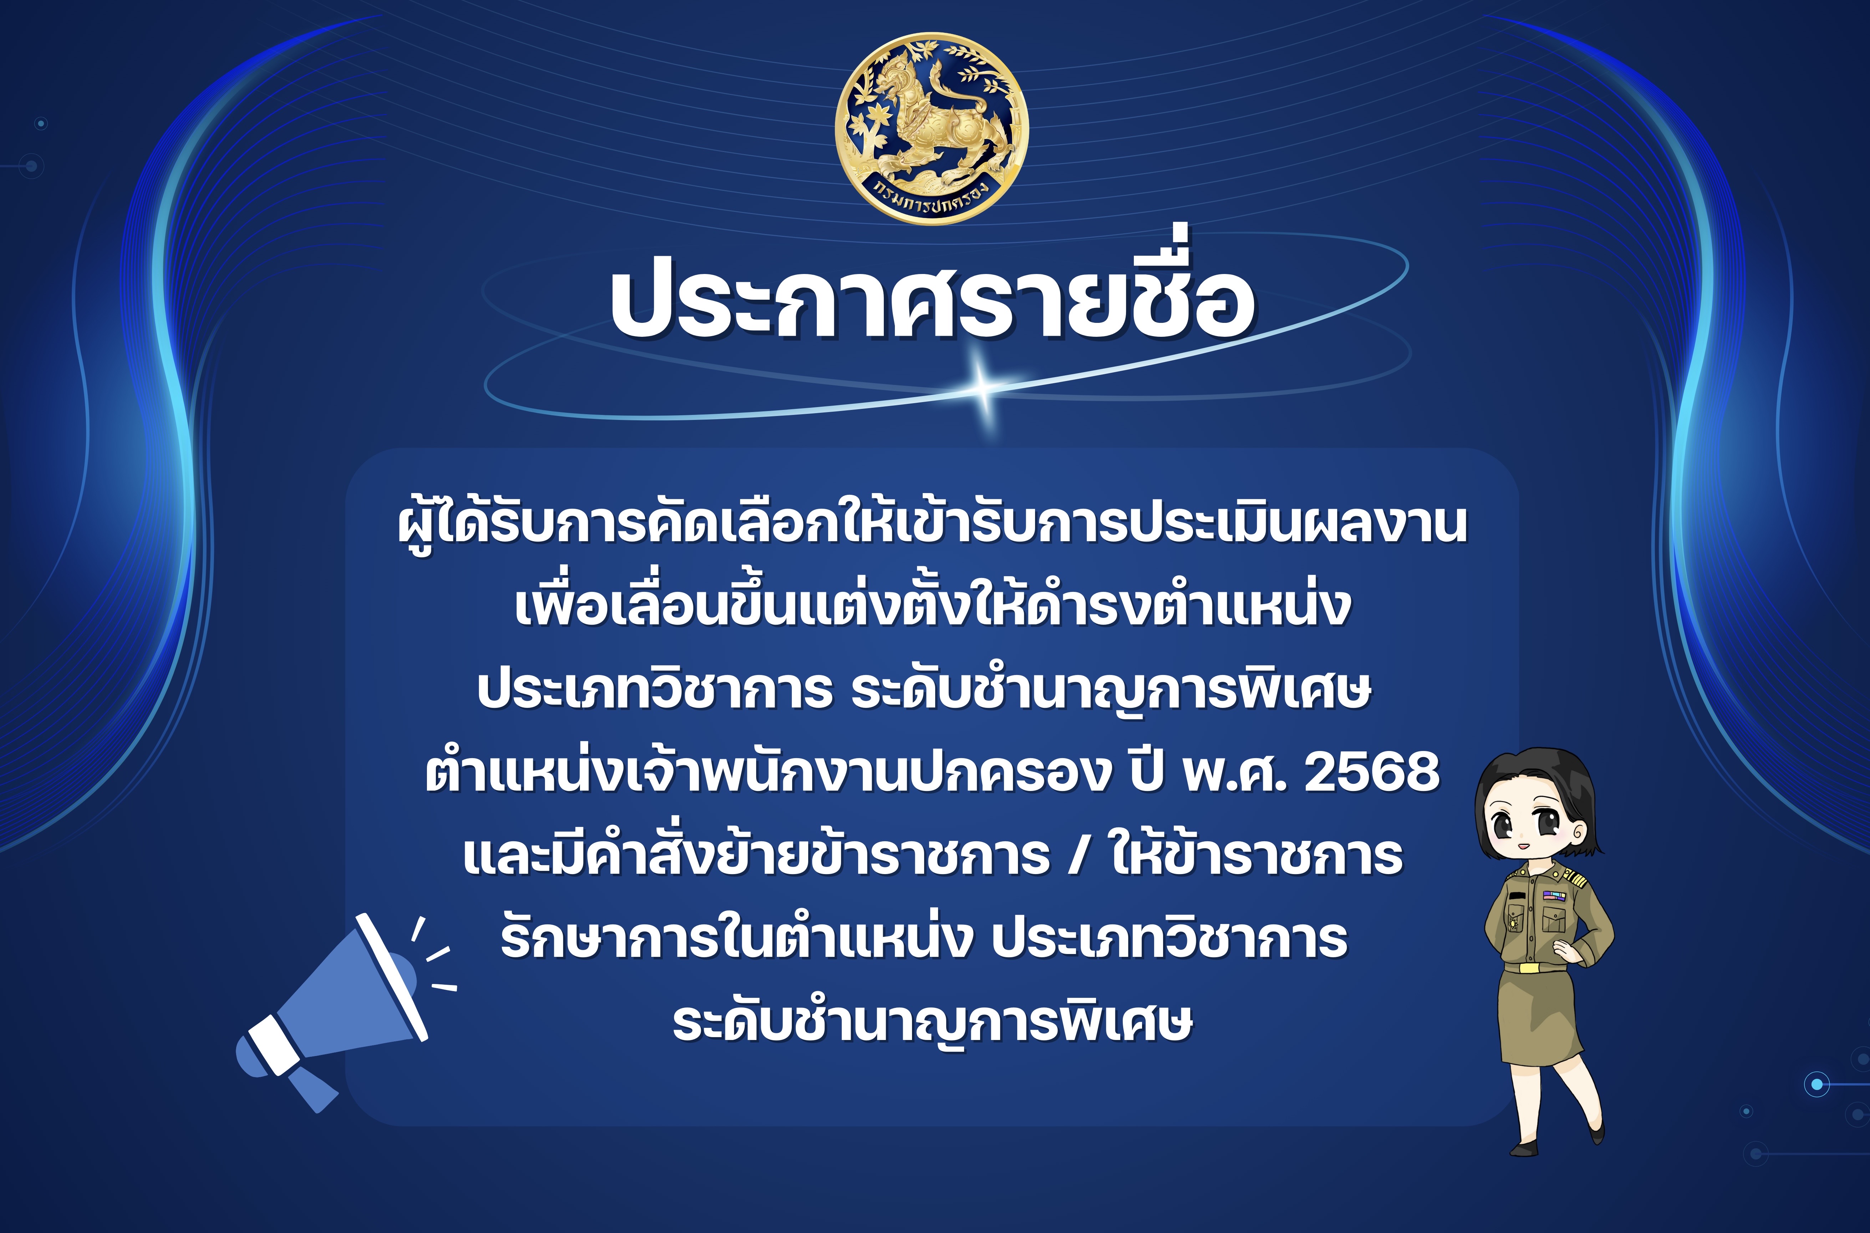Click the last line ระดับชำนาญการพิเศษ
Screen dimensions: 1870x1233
[933, 1022]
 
